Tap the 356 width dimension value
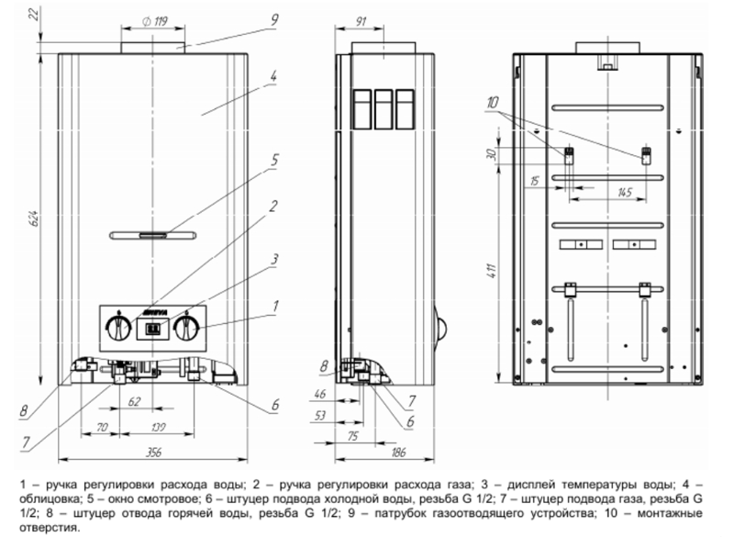[x=153, y=453]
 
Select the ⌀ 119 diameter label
[x=154, y=21]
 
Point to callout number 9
[x=273, y=20]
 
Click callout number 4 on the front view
[x=273, y=76]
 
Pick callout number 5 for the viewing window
[x=274, y=161]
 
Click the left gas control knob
[x=118, y=328]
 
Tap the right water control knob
[x=187, y=328]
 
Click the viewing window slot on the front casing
[x=152, y=235]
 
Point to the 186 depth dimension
[x=398, y=453]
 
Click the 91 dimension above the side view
[x=361, y=21]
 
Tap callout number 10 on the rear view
[x=492, y=103]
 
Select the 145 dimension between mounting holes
[x=625, y=193]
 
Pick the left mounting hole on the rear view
[x=568, y=156]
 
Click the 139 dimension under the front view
[x=159, y=427]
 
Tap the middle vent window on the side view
[x=383, y=109]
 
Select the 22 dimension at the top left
[x=33, y=16]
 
